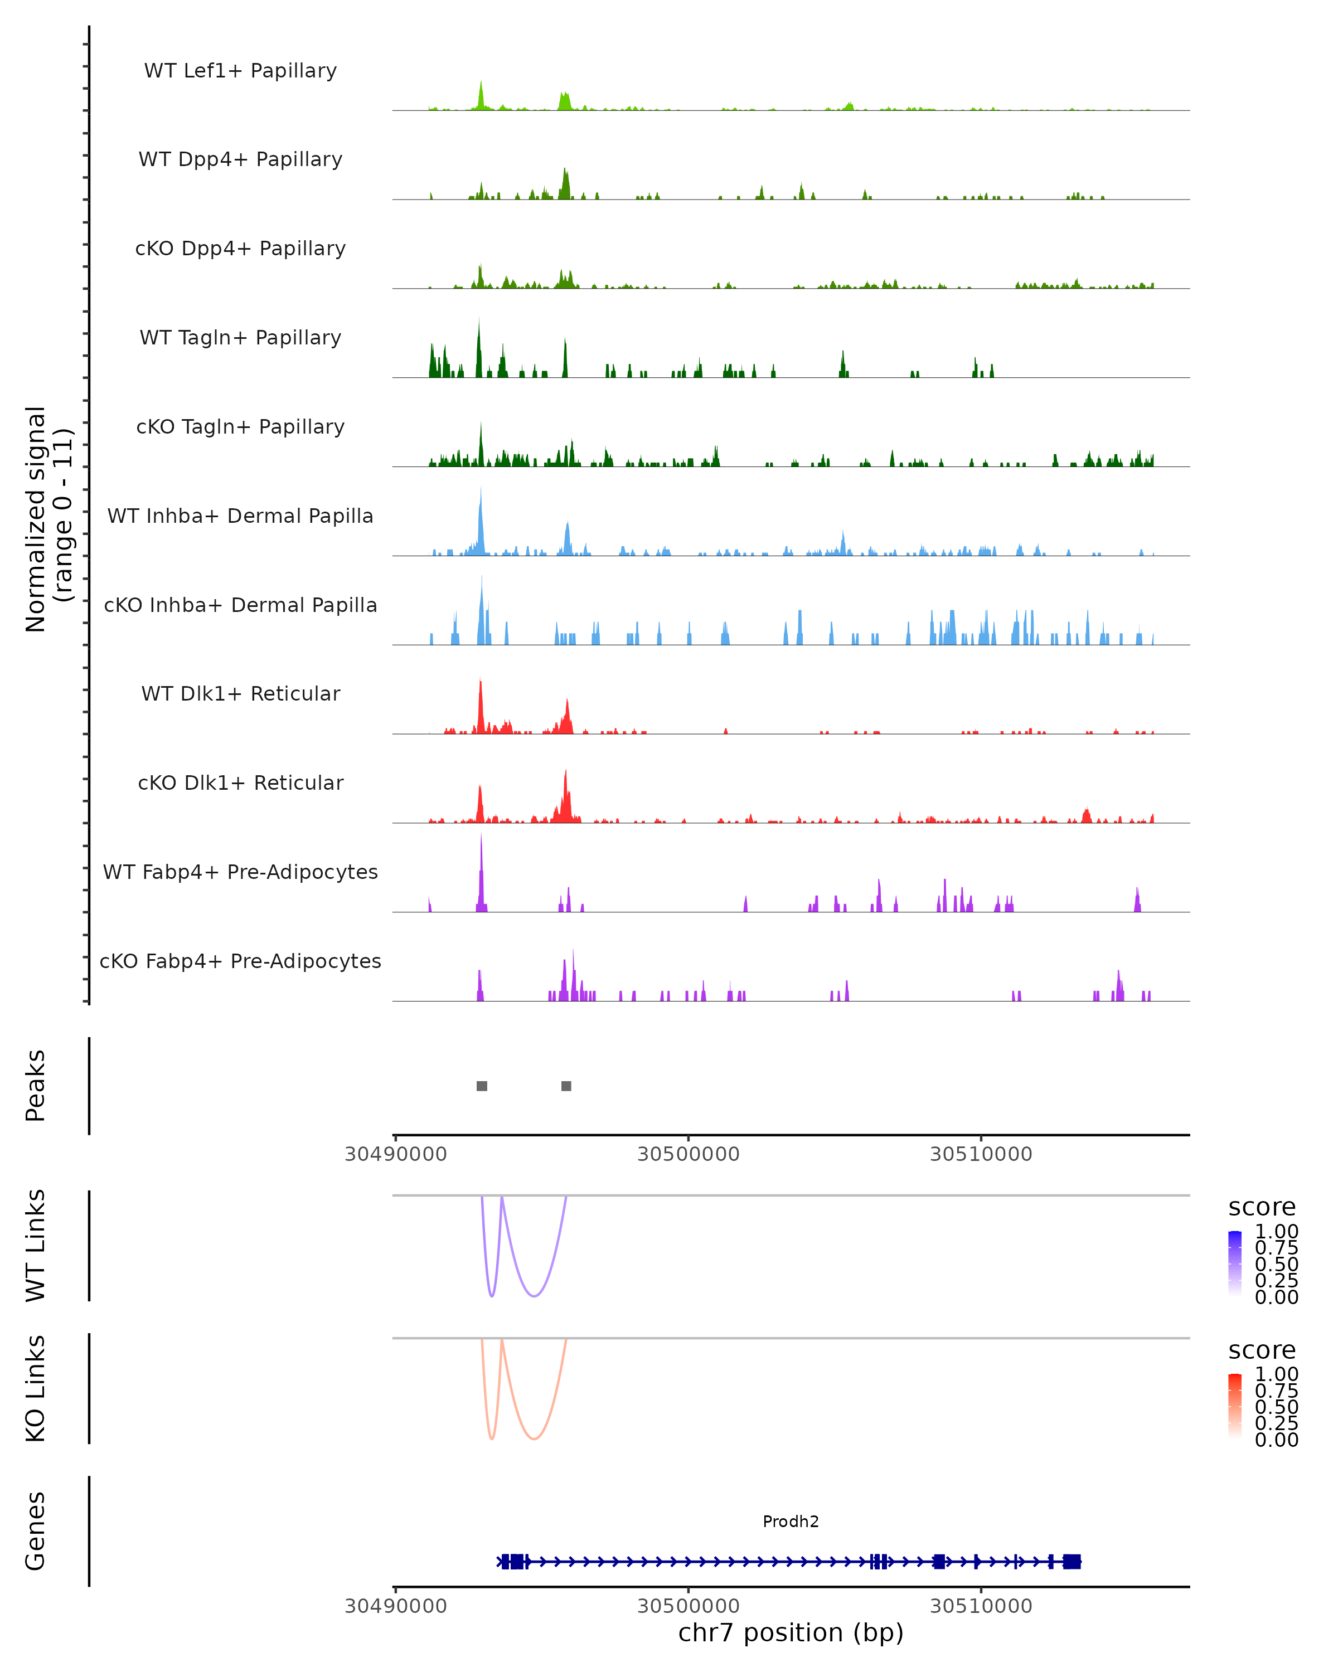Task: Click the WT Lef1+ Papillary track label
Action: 240,71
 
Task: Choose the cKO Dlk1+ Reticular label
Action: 240,782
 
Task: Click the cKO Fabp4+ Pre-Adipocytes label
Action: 240,961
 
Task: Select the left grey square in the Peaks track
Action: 482,1086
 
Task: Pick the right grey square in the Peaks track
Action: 566,1086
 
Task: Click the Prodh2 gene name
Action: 791,1521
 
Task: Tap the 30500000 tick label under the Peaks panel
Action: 688,1154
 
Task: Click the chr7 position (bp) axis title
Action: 791,1632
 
